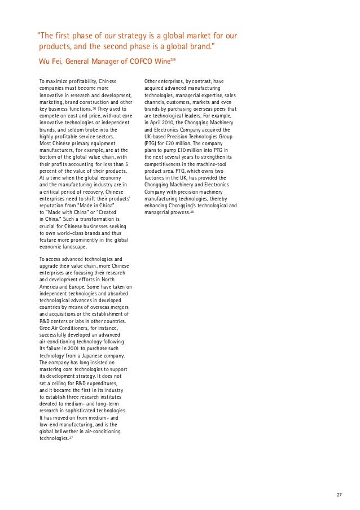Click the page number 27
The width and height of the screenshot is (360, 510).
click(x=339, y=495)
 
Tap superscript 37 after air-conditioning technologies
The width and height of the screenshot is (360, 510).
click(x=71, y=437)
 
